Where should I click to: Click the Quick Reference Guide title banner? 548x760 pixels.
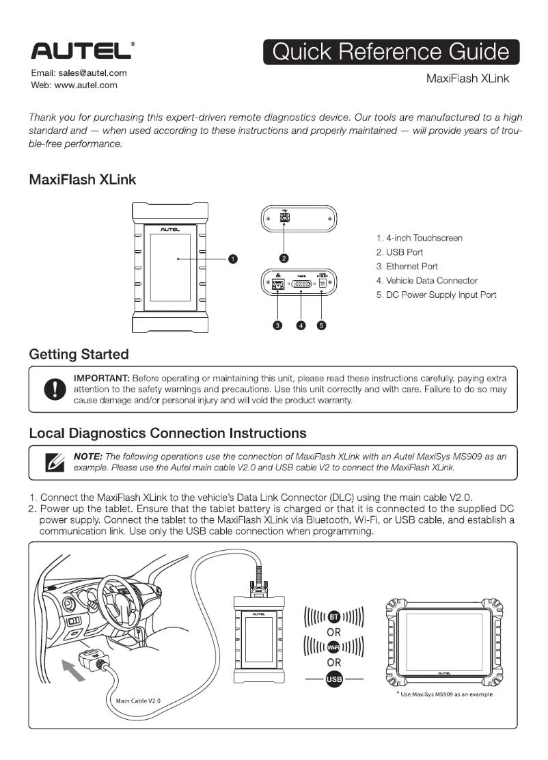tap(392, 53)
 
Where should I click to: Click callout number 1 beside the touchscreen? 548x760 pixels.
tap(232, 259)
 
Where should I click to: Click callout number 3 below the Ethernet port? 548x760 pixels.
tap(277, 325)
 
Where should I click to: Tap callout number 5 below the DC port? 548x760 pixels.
tap(321, 325)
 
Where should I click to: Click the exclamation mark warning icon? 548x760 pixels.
tap(51, 390)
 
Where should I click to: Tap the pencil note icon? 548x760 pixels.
tap(52, 463)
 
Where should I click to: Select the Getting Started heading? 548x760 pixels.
tap(79, 354)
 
